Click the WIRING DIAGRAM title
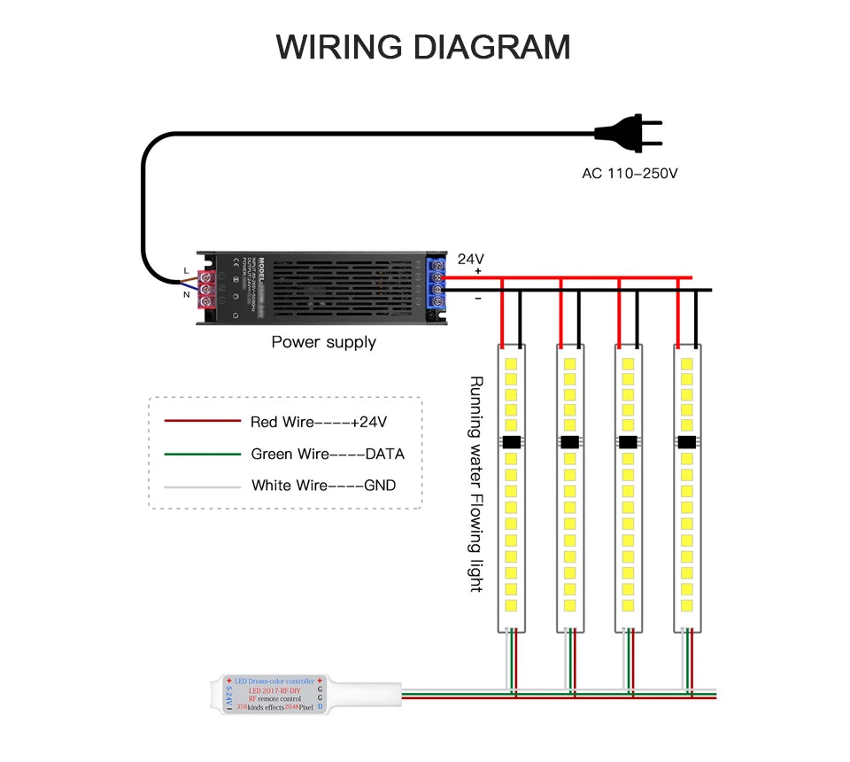423,46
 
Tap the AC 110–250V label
630,173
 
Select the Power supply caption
323,342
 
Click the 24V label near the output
471,259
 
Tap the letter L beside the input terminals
185,270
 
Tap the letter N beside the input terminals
186,294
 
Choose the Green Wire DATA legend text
328,454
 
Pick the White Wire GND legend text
323,485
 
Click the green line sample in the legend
202,454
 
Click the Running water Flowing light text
475,484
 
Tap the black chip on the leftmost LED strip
511,442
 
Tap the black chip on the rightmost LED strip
687,442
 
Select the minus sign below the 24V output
478,299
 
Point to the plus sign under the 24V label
478,270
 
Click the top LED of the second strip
569,363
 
